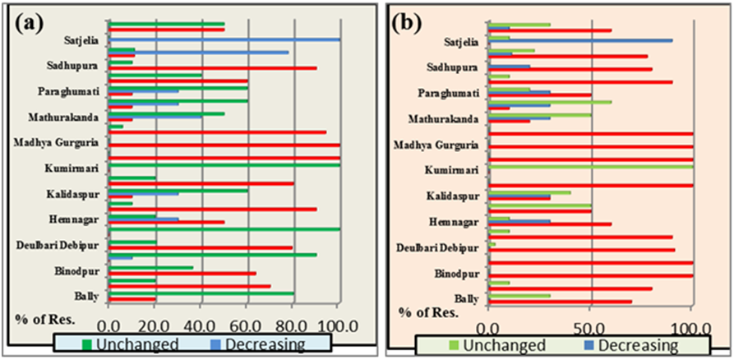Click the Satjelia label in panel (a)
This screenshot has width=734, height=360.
pyautogui.click(x=81, y=39)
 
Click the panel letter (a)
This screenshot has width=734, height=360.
pyautogui.click(x=30, y=22)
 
